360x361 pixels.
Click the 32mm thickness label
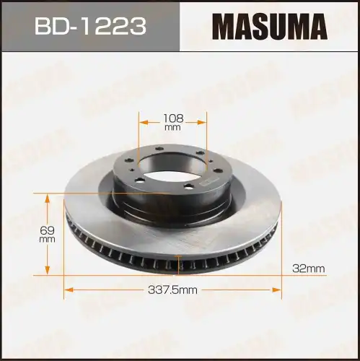(x=309, y=268)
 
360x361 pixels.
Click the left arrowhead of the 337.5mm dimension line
(x=67, y=290)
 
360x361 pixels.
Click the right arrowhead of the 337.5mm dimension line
(x=278, y=290)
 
